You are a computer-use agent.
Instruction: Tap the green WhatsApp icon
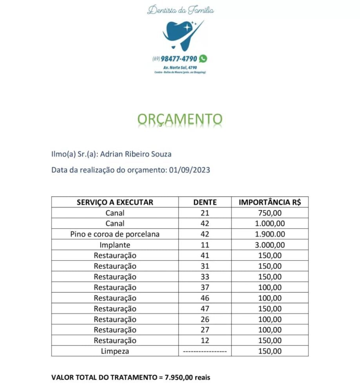point(203,59)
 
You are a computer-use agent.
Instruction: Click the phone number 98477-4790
point(179,59)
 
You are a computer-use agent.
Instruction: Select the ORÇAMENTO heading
point(180,119)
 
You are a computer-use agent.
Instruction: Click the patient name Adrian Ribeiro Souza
point(136,154)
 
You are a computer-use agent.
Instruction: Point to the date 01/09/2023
point(189,170)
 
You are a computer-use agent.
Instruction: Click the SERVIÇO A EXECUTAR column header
point(115,202)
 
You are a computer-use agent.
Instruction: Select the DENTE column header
point(205,202)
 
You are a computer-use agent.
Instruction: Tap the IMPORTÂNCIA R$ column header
point(270,202)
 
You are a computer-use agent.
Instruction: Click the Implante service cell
point(115,245)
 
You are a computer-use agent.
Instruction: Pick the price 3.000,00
point(270,245)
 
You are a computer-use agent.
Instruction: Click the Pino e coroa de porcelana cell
point(115,234)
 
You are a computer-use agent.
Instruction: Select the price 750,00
point(270,213)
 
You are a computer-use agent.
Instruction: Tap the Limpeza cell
point(115,351)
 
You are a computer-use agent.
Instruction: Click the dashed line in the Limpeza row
point(205,352)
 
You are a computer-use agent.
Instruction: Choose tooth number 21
point(205,213)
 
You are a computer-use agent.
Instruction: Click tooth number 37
point(205,288)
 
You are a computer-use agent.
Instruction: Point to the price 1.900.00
point(270,234)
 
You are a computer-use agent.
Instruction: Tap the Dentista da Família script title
point(180,10)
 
